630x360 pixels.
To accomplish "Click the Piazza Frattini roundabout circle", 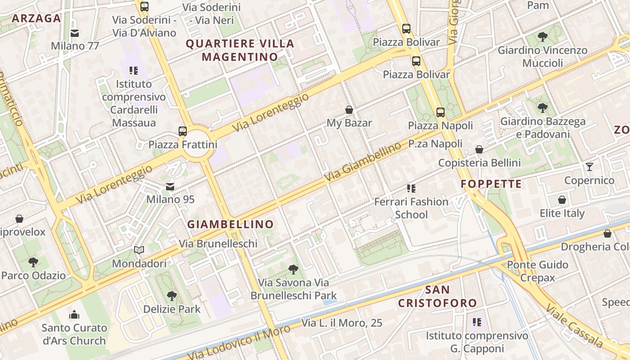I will coord(197,144).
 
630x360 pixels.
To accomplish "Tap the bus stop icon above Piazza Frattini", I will coord(182,131).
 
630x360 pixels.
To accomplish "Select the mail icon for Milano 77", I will coord(75,33).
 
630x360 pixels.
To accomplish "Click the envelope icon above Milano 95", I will coord(170,186).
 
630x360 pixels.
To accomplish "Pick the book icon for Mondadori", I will coord(139,250).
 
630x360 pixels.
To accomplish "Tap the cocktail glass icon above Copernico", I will coord(589,167).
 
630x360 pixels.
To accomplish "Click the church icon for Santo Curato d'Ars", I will coord(74,315).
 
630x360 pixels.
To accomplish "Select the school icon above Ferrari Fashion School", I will coord(411,188).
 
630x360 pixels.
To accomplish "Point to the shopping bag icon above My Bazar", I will coord(349,109).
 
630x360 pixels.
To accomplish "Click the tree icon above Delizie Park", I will coord(171,296).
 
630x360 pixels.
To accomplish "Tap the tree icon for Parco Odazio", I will coord(33,262).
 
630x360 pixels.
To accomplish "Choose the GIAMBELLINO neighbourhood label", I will coord(230,224).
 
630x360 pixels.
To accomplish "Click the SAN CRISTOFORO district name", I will coord(437,296).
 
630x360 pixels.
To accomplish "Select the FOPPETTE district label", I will coord(491,184).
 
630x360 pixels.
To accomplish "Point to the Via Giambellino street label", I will coord(363,162).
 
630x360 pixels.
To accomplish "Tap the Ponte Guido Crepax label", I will coord(538,271).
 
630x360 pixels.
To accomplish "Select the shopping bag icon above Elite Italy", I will coord(562,200).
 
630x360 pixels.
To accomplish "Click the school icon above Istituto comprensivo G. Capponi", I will coord(477,322).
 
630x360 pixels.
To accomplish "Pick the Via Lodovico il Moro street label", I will coord(238,343).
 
